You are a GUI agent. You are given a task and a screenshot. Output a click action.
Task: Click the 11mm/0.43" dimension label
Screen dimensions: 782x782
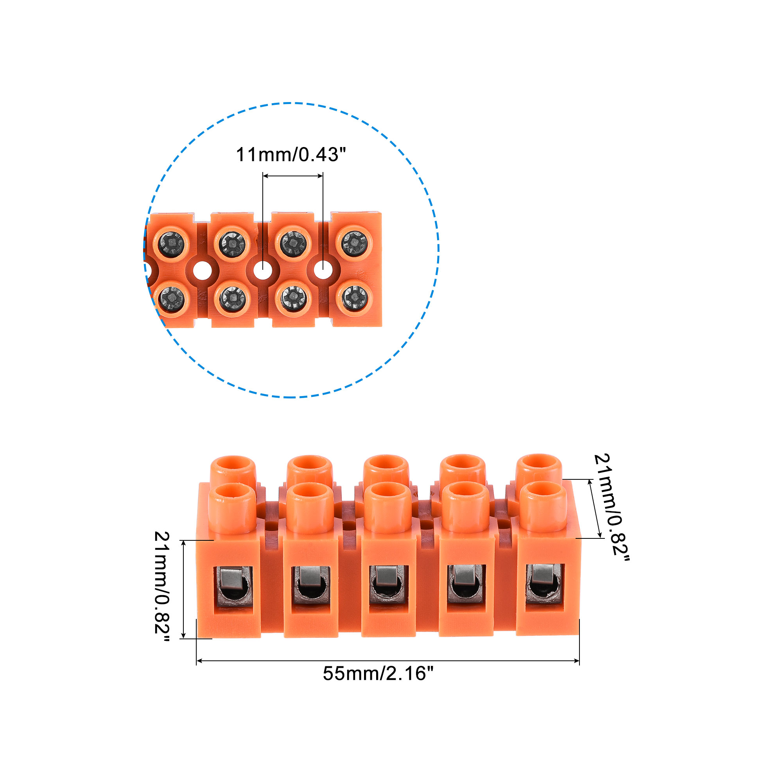pos(291,154)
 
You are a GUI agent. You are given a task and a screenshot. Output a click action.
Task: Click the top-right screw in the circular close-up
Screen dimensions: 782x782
pos(355,243)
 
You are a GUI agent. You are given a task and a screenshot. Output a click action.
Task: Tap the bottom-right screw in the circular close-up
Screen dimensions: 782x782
pos(355,298)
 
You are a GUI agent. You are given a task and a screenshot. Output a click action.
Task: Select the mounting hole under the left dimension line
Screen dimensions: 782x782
pos(262,269)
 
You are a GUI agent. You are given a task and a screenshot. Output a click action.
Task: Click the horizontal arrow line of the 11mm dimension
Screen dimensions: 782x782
pos(292,176)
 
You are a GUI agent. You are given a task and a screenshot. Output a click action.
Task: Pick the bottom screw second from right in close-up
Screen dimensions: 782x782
pos(293,298)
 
